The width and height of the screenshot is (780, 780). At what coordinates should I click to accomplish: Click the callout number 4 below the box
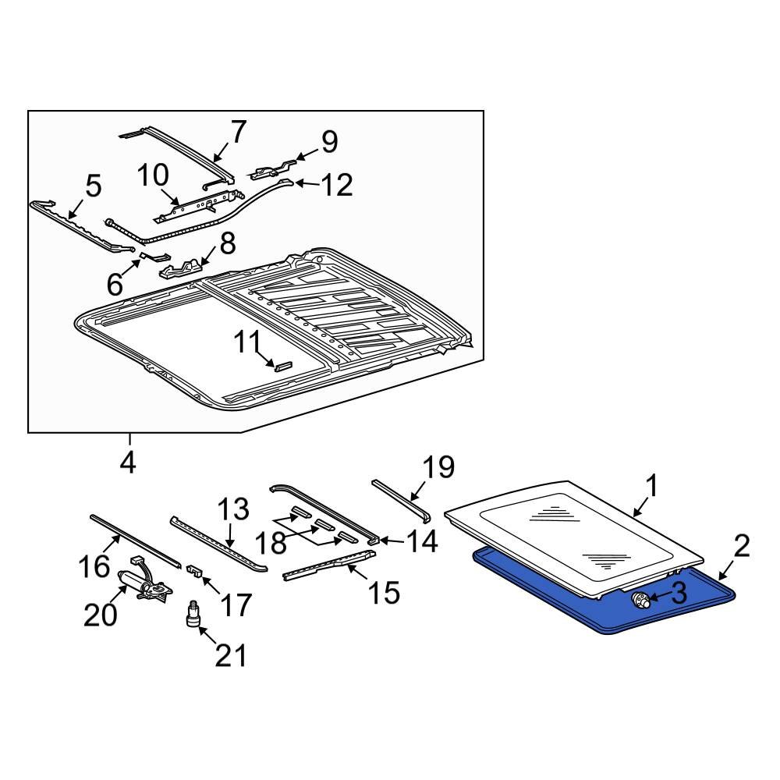(x=127, y=463)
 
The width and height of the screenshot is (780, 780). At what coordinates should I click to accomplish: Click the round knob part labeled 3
(x=641, y=599)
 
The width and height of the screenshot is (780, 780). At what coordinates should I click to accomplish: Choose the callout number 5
(x=92, y=187)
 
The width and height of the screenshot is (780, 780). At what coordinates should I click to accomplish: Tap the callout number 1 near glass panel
(x=651, y=487)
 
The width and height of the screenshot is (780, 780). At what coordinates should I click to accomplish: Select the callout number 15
(x=383, y=592)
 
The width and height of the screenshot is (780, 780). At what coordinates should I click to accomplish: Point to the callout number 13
(x=232, y=509)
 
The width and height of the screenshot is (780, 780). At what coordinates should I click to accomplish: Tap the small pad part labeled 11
(x=282, y=363)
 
